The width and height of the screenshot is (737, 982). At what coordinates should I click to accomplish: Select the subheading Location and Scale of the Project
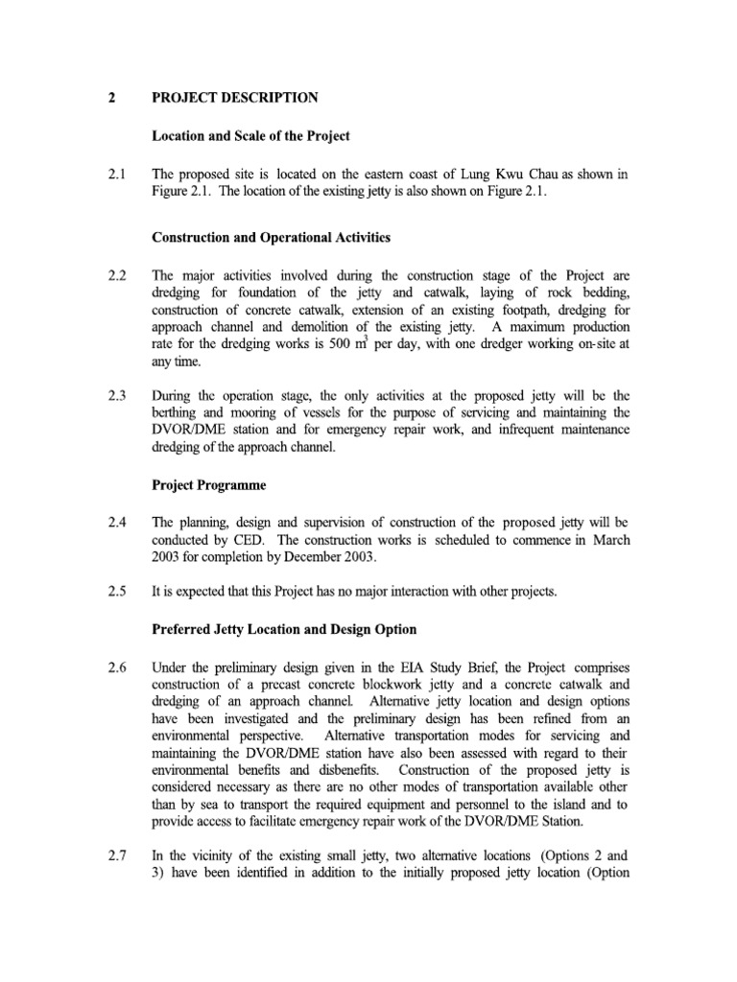tap(251, 136)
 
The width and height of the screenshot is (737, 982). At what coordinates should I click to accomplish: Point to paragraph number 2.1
tap(116, 175)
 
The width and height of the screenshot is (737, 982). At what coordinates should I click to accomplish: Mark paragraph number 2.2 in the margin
tap(116, 274)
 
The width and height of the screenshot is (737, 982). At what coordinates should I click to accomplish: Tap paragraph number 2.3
tap(116, 393)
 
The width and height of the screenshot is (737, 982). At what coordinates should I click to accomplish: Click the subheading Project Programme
tap(209, 485)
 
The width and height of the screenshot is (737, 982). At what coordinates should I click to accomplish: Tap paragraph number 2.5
tap(116, 593)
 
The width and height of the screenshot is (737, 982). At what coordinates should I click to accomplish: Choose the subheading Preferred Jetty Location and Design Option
tap(285, 630)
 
